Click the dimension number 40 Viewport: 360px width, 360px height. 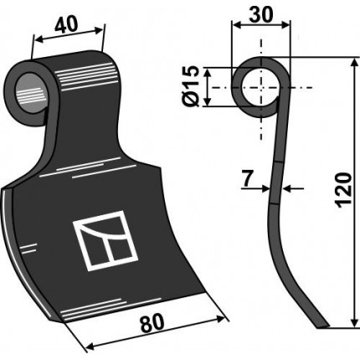click(x=66, y=25)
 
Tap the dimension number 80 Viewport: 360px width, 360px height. click(x=152, y=324)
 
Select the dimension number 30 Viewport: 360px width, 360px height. click(x=260, y=14)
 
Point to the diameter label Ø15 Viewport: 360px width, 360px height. click(x=192, y=86)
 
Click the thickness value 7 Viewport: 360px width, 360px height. click(x=247, y=179)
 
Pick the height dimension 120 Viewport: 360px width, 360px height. click(x=343, y=190)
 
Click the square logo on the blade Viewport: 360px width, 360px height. click(x=105, y=241)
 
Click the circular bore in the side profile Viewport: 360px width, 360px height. click(x=260, y=88)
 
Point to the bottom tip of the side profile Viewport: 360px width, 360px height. click(x=322, y=327)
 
